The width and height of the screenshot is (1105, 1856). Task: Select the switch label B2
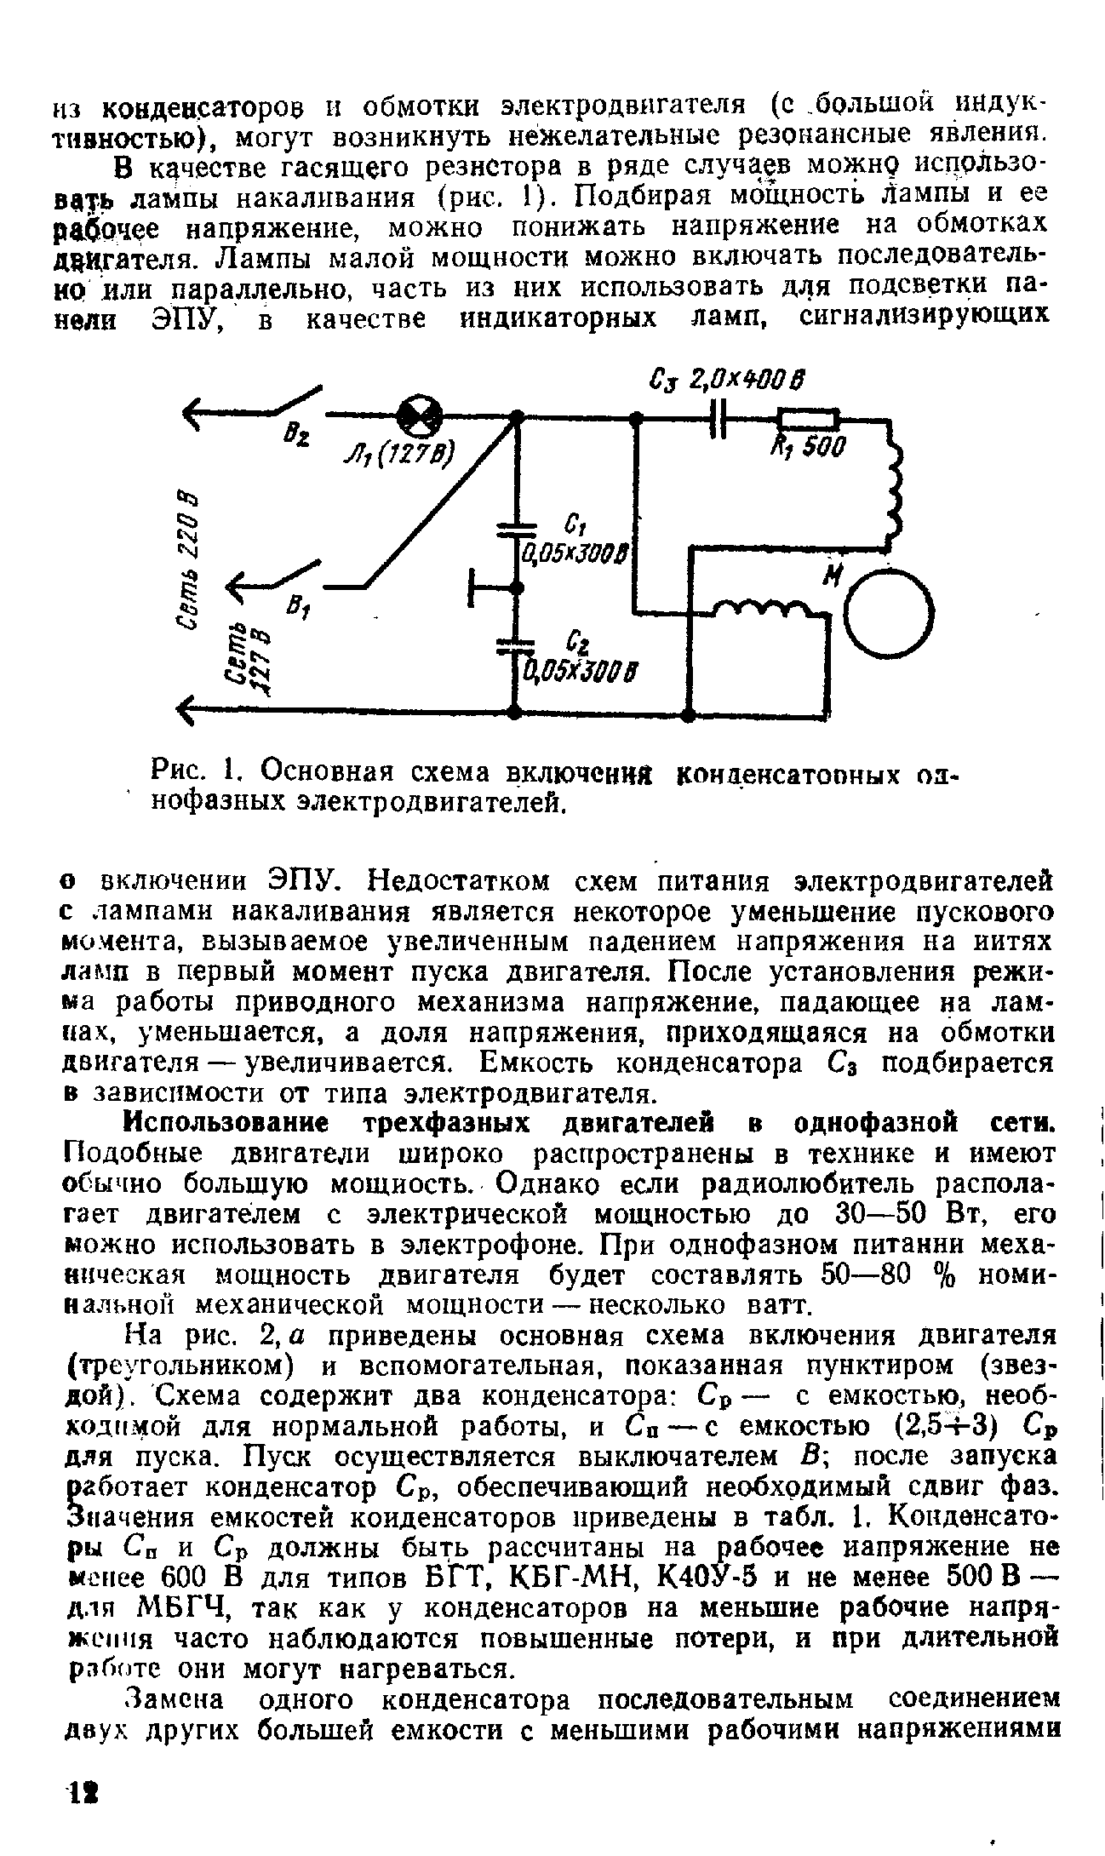(x=299, y=442)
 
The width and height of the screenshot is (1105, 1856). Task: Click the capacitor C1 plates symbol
(x=514, y=530)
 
